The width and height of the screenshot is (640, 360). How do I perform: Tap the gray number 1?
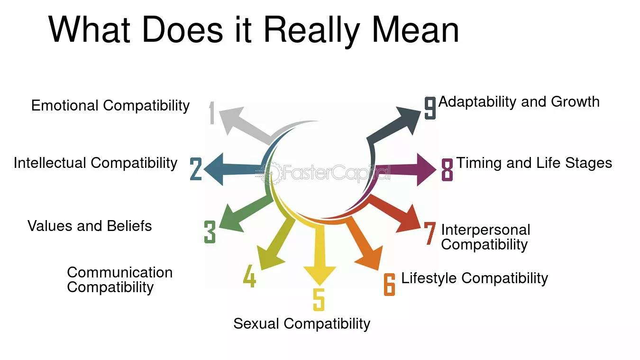pos(212,113)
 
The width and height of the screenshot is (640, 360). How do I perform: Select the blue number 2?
pos(196,169)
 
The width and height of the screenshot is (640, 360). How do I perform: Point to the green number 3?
pos(210,232)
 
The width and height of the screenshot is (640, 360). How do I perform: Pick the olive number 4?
pos(249,276)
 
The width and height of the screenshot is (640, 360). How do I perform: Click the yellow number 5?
pos(319,299)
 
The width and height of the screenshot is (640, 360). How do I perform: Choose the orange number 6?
pos(389,284)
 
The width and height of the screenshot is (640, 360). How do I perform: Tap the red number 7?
pos(430,233)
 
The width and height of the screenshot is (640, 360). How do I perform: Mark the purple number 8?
pos(447,169)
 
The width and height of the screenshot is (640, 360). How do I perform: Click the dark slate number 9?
pos(430,108)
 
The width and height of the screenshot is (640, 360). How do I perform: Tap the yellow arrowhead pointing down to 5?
pos(320,276)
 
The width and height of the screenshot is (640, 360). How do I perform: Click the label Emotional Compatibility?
pos(110,105)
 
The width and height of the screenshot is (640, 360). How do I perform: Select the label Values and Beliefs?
pos(90,226)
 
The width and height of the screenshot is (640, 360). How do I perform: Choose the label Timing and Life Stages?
pos(534,163)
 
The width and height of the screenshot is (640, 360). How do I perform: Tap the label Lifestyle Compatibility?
pos(475,278)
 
